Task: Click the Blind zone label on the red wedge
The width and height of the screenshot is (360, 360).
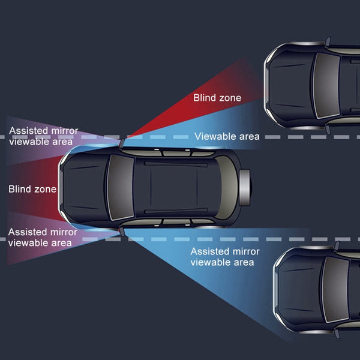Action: click(x=217, y=98)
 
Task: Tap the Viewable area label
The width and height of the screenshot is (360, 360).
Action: click(x=227, y=137)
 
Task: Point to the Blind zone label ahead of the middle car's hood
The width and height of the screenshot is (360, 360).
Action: click(x=32, y=190)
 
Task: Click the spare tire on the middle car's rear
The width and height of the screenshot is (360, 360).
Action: click(x=244, y=187)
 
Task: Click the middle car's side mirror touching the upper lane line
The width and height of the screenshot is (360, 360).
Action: click(x=122, y=142)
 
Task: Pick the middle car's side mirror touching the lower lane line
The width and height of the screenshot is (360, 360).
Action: click(x=122, y=230)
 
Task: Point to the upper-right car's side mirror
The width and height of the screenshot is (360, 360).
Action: click(x=328, y=41)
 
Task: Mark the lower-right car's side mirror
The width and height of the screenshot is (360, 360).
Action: click(x=337, y=246)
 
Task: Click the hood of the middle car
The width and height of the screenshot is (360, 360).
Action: click(x=84, y=187)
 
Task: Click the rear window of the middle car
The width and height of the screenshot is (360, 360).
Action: click(x=225, y=187)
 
